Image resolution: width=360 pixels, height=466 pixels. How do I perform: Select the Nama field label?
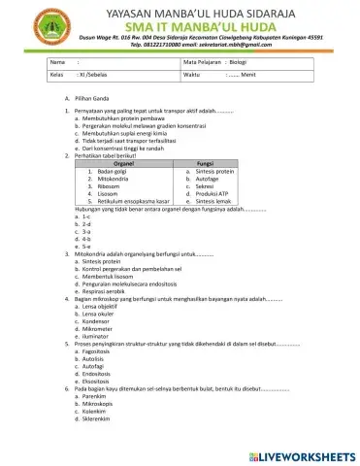(x=56, y=61)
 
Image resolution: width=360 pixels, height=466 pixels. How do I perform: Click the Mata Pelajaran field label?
(x=202, y=61)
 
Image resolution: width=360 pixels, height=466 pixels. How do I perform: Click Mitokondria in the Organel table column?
(x=105, y=179)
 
